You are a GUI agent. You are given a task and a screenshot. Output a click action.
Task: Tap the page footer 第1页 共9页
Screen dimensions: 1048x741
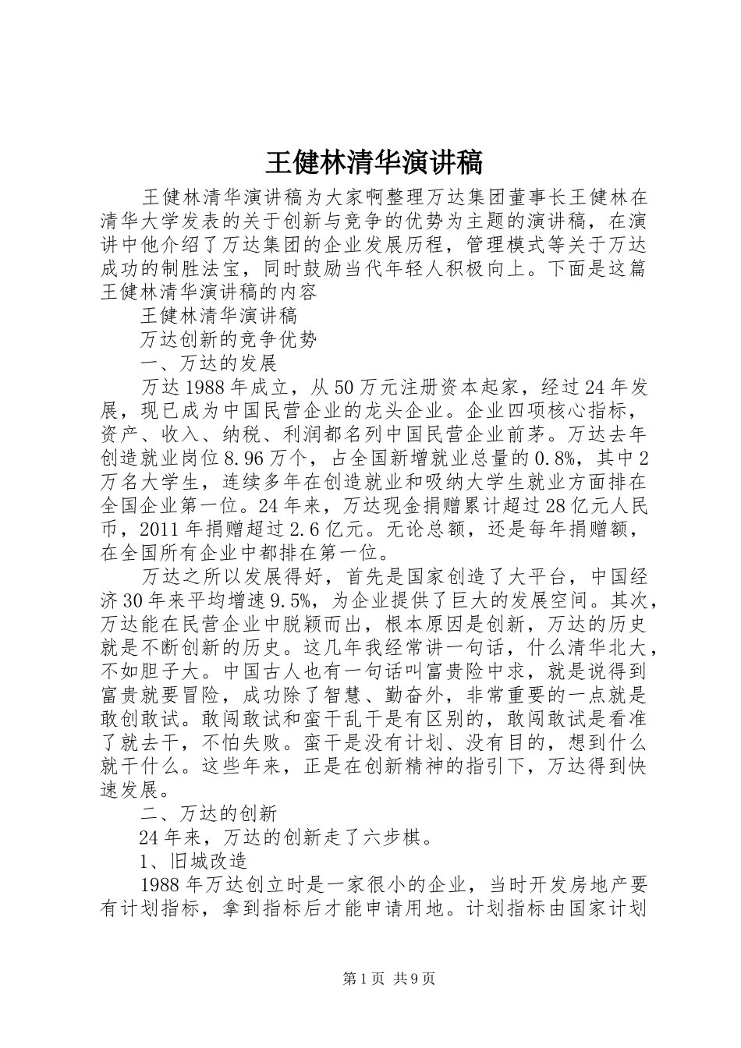point(388,979)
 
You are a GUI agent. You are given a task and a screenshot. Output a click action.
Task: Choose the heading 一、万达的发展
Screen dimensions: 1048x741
point(208,363)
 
